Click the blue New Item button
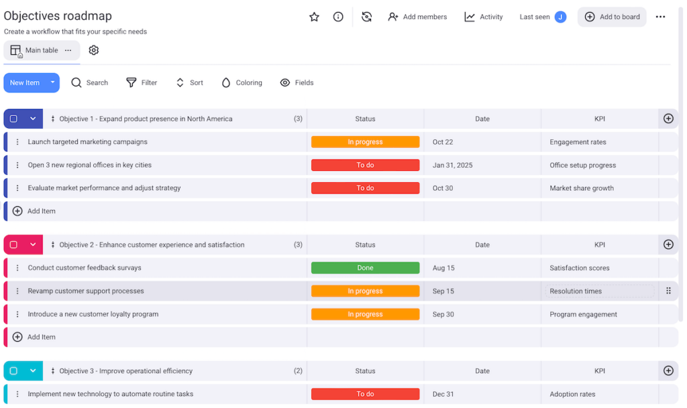point(25,83)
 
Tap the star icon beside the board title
point(314,17)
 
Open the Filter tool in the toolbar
point(142,83)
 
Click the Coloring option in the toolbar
point(242,83)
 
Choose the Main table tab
point(41,50)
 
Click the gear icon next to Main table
point(94,50)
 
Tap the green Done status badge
point(365,268)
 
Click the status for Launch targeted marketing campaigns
point(365,142)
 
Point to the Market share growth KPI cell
point(582,188)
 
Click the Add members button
point(417,17)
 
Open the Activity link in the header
point(484,17)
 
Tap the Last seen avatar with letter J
point(560,17)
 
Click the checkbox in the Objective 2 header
point(13,245)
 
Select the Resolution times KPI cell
point(576,291)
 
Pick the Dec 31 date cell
point(443,395)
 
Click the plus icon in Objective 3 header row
point(668,371)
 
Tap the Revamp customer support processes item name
point(86,291)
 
